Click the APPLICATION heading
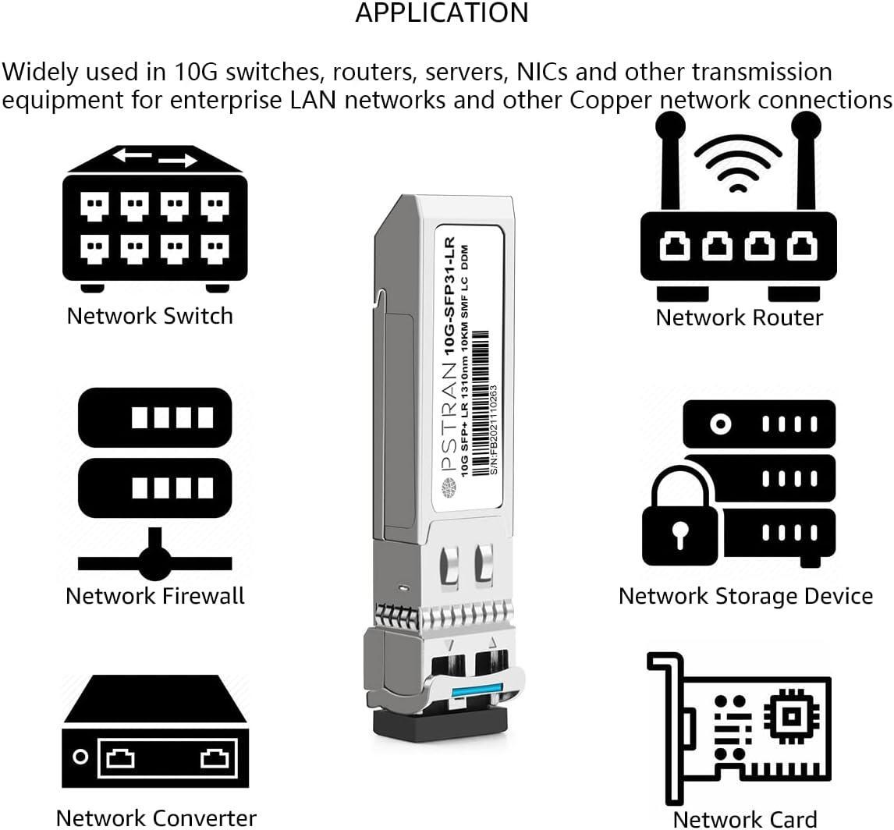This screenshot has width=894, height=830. click(442, 13)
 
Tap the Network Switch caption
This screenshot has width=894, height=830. click(150, 316)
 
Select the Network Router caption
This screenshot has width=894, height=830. click(740, 317)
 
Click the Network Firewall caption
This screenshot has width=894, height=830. click(155, 596)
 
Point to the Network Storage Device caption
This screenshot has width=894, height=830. click(746, 597)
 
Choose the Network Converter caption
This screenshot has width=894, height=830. click(156, 818)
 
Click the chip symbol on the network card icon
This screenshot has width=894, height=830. click(791, 716)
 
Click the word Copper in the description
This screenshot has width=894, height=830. click(611, 101)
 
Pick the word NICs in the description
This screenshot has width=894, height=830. click(541, 73)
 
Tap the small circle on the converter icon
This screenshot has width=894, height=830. click(81, 757)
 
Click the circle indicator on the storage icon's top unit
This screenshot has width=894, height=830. click(721, 424)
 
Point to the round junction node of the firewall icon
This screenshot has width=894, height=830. click(154, 563)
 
